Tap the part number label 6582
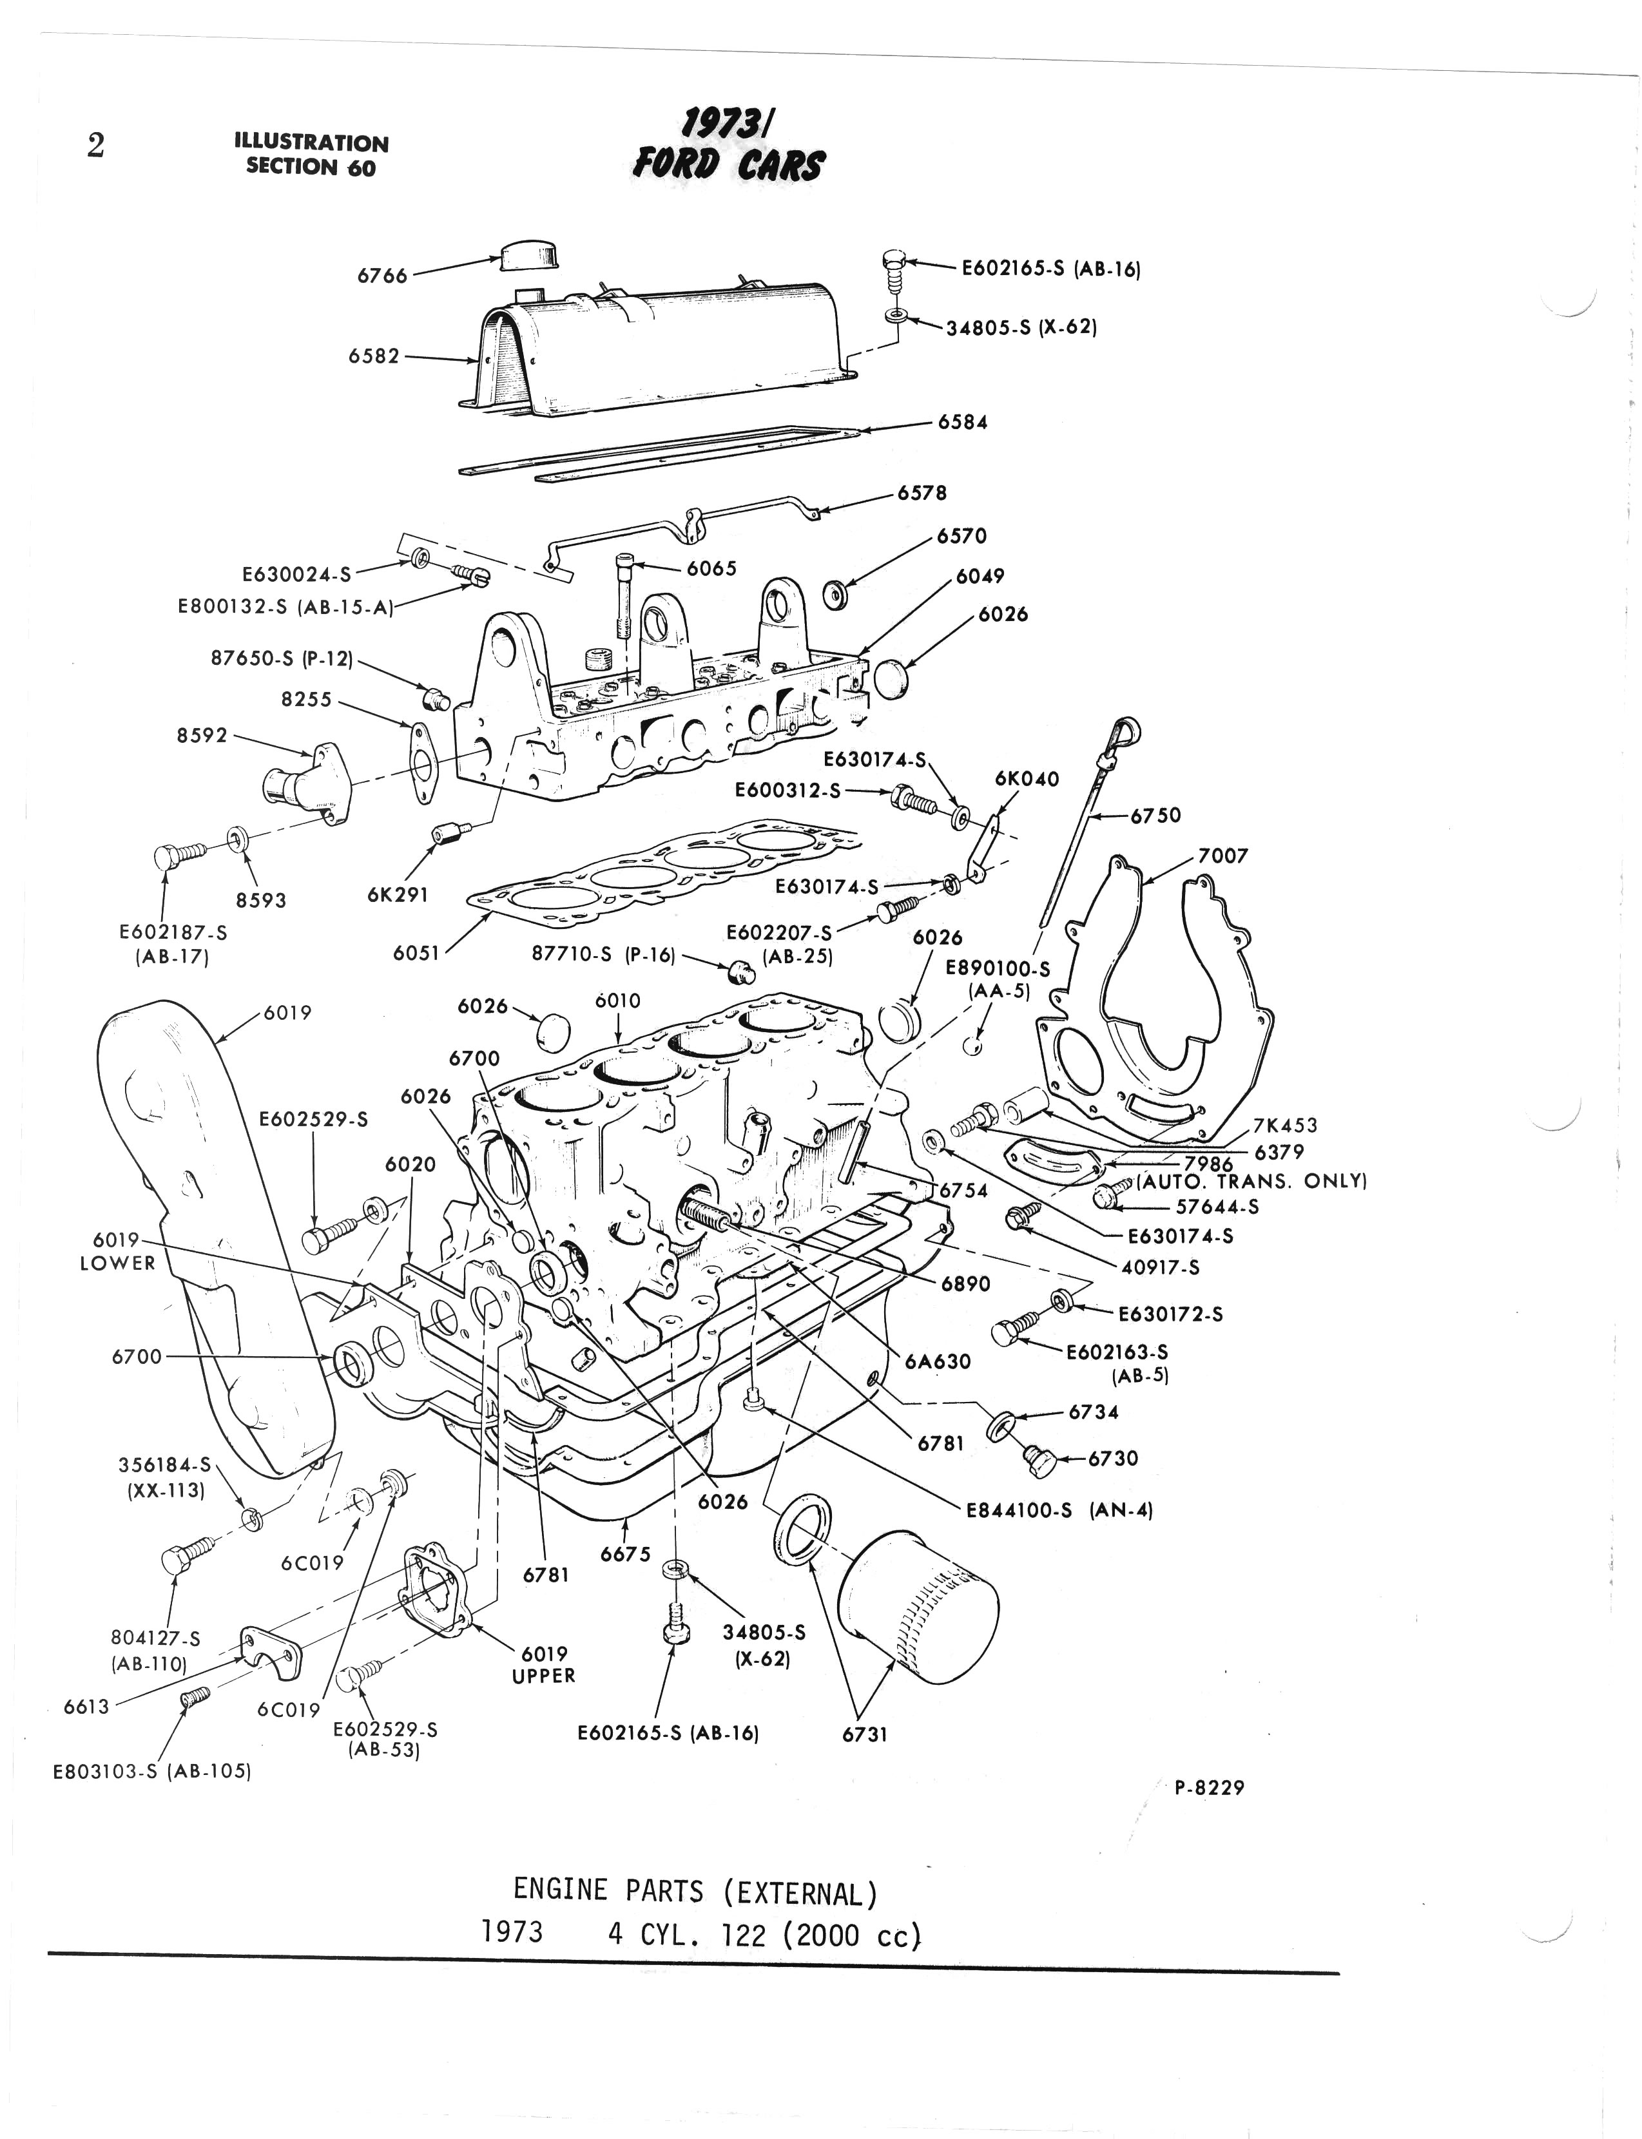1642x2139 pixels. (374, 357)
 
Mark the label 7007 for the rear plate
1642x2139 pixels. (1222, 856)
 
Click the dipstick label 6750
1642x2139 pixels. (1155, 815)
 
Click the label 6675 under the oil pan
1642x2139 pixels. (626, 1555)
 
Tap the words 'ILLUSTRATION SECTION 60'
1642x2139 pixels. (311, 155)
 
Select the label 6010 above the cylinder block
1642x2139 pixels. (618, 1001)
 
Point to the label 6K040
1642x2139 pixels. (1026, 779)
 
